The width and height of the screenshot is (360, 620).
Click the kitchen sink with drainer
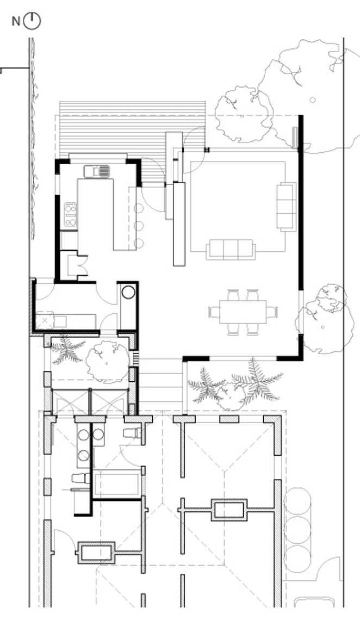coord(97,171)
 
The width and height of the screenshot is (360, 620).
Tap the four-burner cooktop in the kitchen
coord(71,214)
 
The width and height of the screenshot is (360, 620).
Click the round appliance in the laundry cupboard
coord(128,292)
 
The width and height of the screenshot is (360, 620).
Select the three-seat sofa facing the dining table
coord(231,250)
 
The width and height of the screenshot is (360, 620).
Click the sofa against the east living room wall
coord(286,206)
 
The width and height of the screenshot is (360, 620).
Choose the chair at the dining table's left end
coord(214,312)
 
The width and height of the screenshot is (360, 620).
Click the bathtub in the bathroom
coord(117,483)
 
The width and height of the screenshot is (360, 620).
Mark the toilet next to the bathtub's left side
coord(79,478)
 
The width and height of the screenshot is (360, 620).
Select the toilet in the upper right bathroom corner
coord(133,433)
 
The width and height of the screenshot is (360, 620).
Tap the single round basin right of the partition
coord(98,434)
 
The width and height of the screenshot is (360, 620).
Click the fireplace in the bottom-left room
coord(96,552)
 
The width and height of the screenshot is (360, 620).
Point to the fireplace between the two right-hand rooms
coord(229,510)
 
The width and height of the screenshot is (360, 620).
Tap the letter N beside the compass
coord(16,21)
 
